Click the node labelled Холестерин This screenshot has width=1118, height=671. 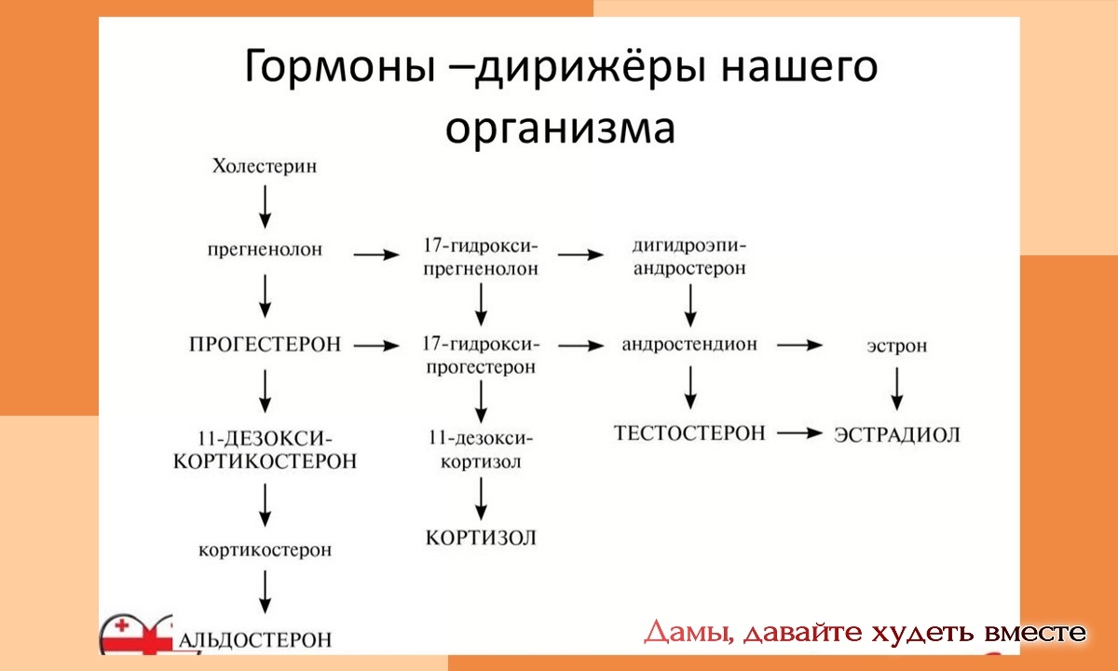(x=265, y=168)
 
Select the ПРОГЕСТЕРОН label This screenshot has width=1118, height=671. (x=265, y=345)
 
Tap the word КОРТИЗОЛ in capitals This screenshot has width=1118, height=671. (x=481, y=538)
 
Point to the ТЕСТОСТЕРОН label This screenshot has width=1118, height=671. (x=689, y=433)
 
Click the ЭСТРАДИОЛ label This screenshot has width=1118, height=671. (x=896, y=434)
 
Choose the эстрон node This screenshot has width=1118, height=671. (x=896, y=346)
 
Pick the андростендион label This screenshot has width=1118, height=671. (x=689, y=345)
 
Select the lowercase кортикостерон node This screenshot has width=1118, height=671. (x=265, y=550)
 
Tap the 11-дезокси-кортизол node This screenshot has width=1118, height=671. (x=481, y=449)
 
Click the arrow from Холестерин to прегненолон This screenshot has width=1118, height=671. (x=266, y=206)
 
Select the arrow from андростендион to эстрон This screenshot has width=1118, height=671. (x=800, y=345)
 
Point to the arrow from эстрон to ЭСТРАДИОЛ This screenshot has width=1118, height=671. (x=896, y=389)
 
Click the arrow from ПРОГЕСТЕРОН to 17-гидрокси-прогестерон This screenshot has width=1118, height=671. (x=375, y=345)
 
